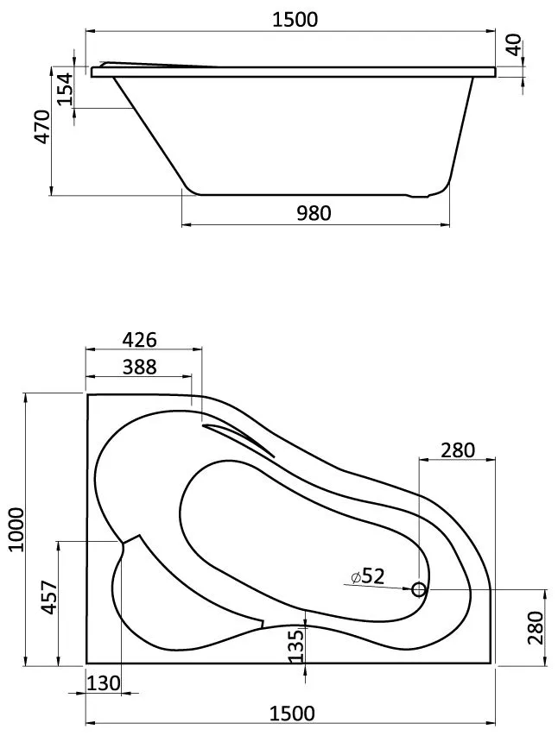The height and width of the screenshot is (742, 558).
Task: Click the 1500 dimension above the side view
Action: click(295, 19)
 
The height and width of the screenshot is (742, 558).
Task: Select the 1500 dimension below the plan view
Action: click(292, 714)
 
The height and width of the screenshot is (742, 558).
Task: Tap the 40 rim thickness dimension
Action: click(514, 45)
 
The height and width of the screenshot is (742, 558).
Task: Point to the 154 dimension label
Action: click(66, 89)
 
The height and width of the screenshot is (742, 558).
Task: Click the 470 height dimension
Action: click(42, 127)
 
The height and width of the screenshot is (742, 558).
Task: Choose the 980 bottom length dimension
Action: click(314, 213)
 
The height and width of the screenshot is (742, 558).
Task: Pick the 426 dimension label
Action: click(139, 339)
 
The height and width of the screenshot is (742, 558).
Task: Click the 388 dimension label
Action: click(139, 367)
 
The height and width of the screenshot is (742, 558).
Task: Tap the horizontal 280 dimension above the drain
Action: click(458, 450)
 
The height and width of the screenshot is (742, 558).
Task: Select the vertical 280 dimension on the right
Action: click(536, 627)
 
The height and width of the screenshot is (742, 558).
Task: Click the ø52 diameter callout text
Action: click(368, 575)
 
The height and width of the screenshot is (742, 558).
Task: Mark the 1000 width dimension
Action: click(16, 529)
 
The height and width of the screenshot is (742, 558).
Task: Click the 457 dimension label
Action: click(51, 597)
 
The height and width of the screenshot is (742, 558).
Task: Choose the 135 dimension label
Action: click(296, 645)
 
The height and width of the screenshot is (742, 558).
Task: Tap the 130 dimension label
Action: click(104, 682)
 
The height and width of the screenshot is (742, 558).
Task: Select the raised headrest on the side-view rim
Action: click(156, 65)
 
